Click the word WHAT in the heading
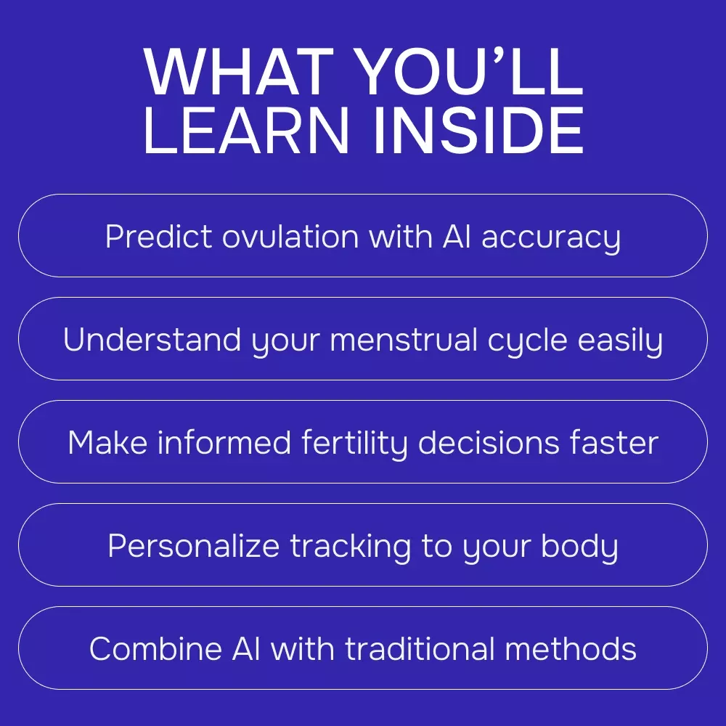238,72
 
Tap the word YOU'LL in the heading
470,72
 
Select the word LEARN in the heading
246,130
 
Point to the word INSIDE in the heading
478,130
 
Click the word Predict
158,236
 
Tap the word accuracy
551,239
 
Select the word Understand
152,339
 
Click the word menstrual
403,339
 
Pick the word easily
620,342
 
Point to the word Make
107,443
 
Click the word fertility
354,445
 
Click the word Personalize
194,545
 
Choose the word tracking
351,548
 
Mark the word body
579,548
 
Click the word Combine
155,648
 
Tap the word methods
571,648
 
